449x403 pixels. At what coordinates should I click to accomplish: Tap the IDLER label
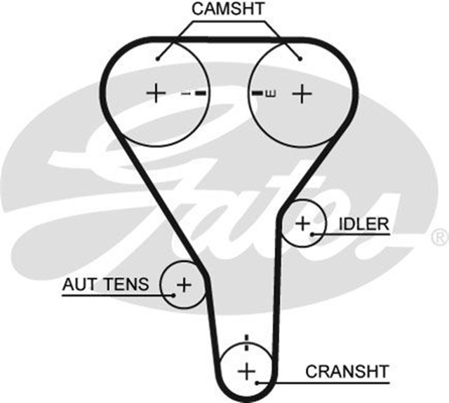point(363,224)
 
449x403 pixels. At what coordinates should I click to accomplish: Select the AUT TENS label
point(106,285)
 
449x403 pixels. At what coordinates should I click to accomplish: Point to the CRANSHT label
point(347,370)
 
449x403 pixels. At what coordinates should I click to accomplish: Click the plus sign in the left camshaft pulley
point(156,93)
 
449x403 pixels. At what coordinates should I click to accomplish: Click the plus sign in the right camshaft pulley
point(301,93)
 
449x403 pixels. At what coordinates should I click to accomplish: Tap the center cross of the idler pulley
point(302,224)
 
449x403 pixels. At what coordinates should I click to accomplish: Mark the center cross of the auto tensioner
point(183,285)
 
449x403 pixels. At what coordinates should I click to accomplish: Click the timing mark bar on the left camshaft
point(201,93)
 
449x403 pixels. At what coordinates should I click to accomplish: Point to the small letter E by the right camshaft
point(270,93)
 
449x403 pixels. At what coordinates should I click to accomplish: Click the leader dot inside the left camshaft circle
point(159,58)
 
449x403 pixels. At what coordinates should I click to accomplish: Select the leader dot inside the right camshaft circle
point(300,58)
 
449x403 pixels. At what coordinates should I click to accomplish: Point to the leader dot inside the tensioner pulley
point(172,294)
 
